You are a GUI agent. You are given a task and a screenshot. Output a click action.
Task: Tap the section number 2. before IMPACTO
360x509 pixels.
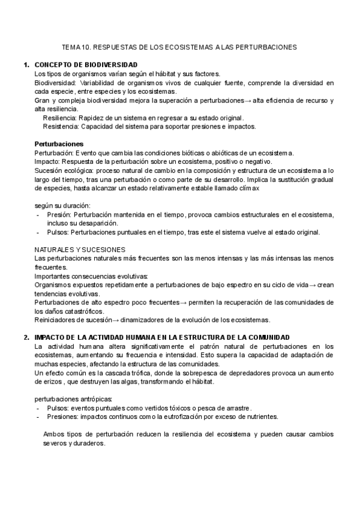pos(26,337)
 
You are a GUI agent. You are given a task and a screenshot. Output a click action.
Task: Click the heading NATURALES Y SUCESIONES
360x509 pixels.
pos(80,249)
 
